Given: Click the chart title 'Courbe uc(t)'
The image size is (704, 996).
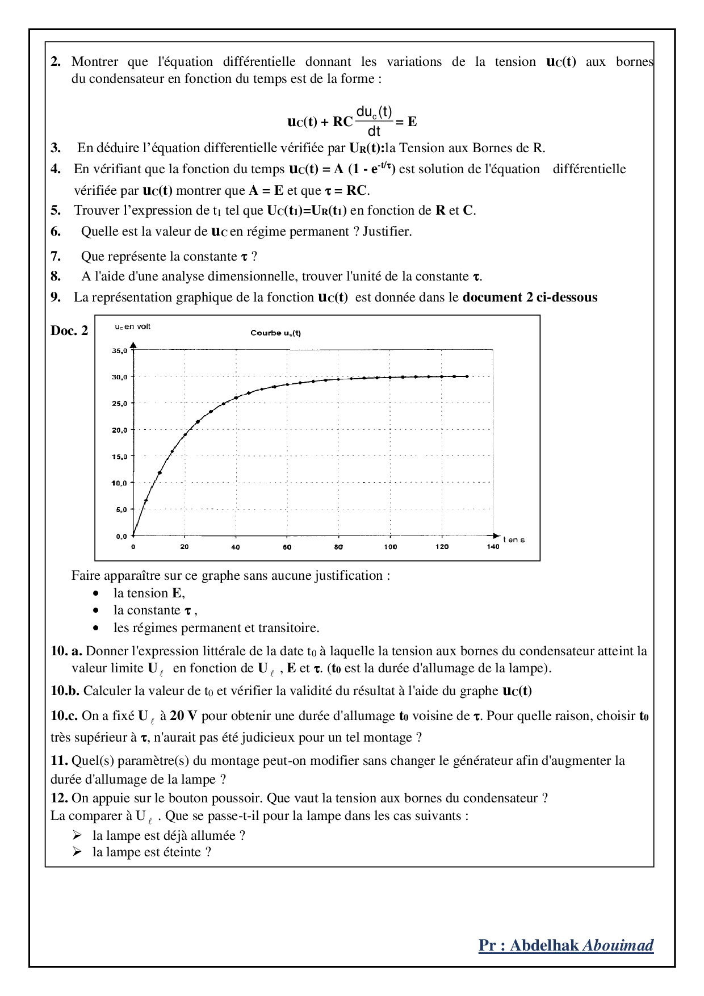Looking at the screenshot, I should point(275,333).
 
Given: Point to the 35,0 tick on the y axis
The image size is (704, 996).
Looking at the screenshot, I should point(119,351).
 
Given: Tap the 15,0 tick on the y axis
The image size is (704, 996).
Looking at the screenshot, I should point(119,457).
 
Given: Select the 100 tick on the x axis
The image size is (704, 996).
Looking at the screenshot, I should point(391,547).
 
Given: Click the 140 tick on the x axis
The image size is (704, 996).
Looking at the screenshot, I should point(493,547).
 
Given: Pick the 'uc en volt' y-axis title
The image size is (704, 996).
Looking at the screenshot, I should point(132,327).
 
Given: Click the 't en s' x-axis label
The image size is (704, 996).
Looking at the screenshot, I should point(514,539).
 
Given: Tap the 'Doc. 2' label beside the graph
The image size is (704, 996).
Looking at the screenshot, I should point(69,330).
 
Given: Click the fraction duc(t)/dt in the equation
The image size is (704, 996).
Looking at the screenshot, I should point(374,121).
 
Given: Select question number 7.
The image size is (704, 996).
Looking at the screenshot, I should point(56,256).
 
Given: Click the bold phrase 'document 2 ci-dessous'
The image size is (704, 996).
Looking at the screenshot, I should point(530,297).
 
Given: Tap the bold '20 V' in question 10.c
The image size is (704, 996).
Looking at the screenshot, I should point(183,715).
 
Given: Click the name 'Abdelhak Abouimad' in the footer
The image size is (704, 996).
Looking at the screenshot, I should point(581,945).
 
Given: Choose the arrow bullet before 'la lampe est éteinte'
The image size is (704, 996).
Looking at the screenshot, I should point(77,852).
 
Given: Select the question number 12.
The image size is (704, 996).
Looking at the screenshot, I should point(59,798).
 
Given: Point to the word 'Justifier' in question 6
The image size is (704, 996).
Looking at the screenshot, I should point(387,231).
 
